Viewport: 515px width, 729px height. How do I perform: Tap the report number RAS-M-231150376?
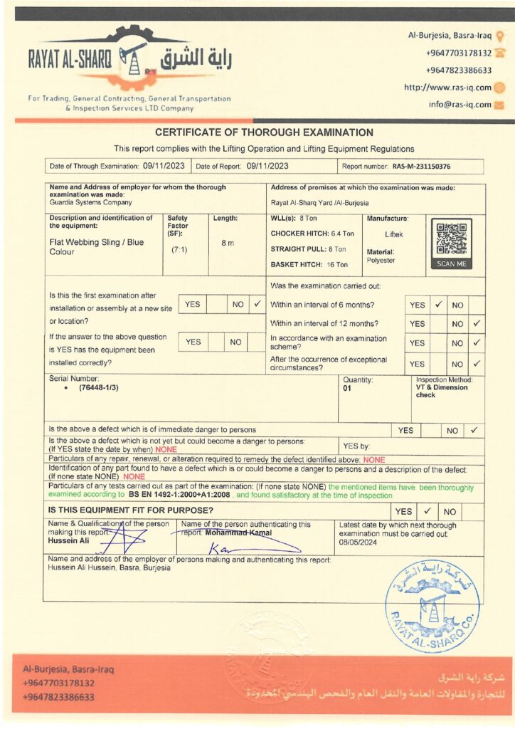click(x=421, y=167)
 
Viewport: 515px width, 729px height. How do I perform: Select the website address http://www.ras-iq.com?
click(x=447, y=88)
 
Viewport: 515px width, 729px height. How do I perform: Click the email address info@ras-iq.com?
click(x=460, y=105)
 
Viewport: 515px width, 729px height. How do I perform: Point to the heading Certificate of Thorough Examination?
click(x=264, y=132)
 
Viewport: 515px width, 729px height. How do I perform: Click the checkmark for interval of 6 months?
click(x=439, y=305)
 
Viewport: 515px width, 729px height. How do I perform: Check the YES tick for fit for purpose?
click(x=428, y=511)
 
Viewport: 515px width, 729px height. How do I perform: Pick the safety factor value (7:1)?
click(x=179, y=250)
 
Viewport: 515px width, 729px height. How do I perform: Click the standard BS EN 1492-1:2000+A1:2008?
click(x=180, y=494)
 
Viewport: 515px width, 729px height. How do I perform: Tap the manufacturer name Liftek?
click(x=394, y=234)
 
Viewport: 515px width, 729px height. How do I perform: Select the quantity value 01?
click(x=348, y=389)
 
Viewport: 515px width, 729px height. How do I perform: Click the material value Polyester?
click(x=381, y=261)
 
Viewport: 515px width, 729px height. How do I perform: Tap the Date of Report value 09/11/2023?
click(x=267, y=166)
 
